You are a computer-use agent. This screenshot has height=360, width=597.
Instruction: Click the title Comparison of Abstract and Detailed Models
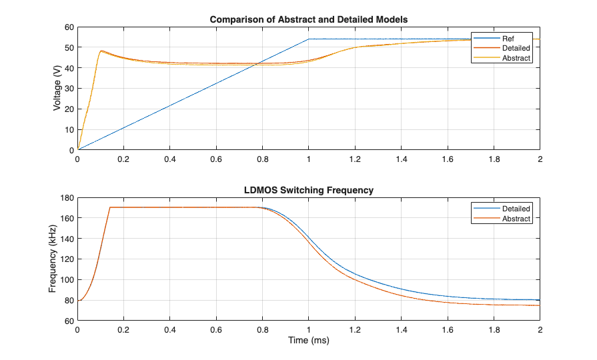pyautogui.click(x=309, y=19)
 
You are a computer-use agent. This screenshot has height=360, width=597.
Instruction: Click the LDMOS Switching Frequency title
pyautogui.click(x=309, y=190)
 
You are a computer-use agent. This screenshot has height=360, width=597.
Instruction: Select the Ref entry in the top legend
pyautogui.click(x=508, y=38)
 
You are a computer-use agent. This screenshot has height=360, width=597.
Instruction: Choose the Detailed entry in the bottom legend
pyautogui.click(x=516, y=209)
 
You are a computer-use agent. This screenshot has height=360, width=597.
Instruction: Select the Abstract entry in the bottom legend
pyautogui.click(x=516, y=219)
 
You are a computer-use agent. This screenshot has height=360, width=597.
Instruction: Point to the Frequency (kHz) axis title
pyautogui.click(x=53, y=259)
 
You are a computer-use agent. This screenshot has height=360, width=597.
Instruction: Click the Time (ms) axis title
pyautogui.click(x=309, y=340)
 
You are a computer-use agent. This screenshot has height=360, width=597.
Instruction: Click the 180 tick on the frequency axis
pyautogui.click(x=65, y=197)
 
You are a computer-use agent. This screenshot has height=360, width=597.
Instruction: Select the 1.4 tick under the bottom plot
pyautogui.click(x=401, y=329)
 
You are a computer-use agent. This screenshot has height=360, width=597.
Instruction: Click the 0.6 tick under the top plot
pyautogui.click(x=216, y=159)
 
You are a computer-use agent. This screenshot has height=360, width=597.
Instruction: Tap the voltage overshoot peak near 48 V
pyautogui.click(x=101, y=51)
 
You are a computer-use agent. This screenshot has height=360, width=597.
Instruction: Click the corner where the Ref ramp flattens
pyautogui.click(x=309, y=39)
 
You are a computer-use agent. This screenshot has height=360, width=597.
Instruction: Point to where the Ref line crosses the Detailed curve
pyautogui.click(x=257, y=63)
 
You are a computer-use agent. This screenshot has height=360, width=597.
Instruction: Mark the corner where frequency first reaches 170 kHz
pyautogui.click(x=110, y=207)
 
